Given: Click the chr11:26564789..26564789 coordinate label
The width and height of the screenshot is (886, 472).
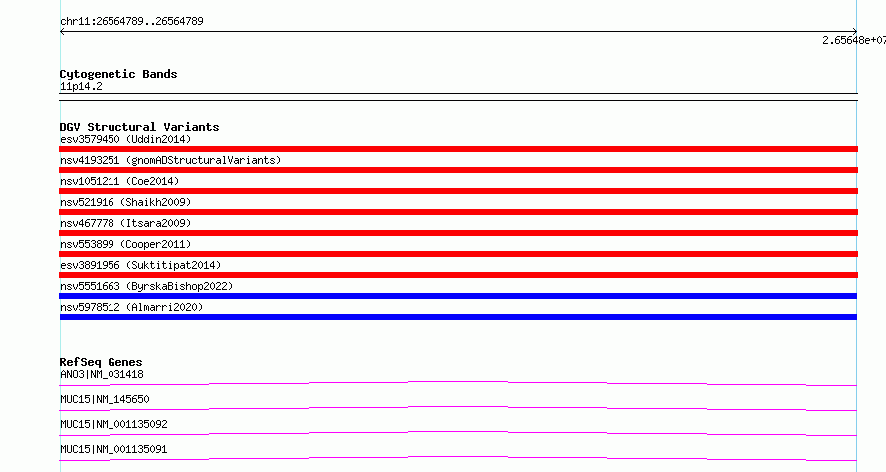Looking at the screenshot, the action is click(131, 22).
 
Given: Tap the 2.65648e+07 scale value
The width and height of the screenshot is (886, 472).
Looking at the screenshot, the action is click(854, 40).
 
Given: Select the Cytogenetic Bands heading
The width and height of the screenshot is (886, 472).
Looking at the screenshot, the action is click(118, 74).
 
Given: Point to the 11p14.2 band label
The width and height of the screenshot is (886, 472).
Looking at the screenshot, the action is click(81, 86).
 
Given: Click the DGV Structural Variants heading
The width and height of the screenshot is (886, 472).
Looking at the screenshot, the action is click(139, 127).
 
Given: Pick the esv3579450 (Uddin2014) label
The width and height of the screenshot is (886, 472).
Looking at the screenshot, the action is click(125, 139).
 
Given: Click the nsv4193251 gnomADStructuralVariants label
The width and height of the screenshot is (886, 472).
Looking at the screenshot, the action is click(170, 160).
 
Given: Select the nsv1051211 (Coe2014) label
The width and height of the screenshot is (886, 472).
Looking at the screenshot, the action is click(119, 181).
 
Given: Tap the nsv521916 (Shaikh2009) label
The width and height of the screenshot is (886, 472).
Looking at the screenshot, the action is click(125, 202).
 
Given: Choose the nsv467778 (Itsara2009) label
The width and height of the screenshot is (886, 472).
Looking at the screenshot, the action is click(125, 223).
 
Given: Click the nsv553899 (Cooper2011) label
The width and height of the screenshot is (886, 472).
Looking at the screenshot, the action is click(125, 244).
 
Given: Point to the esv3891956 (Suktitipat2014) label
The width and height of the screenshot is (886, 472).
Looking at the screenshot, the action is click(140, 265).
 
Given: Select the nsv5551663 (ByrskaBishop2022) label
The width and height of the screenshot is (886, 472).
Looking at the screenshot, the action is click(146, 286).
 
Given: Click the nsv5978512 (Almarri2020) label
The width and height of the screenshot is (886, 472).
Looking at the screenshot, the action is click(131, 307).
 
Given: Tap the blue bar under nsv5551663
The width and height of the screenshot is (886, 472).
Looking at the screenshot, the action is click(458, 296).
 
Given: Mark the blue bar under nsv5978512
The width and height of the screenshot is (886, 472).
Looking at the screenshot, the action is click(458, 317).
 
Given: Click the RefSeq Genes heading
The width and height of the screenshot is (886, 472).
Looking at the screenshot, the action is click(102, 362).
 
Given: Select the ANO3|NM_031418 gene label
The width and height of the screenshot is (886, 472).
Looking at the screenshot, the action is click(102, 374).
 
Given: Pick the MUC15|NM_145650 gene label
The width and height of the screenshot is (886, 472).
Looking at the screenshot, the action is click(105, 399).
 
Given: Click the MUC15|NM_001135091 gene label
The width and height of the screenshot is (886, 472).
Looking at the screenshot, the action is click(113, 449).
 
